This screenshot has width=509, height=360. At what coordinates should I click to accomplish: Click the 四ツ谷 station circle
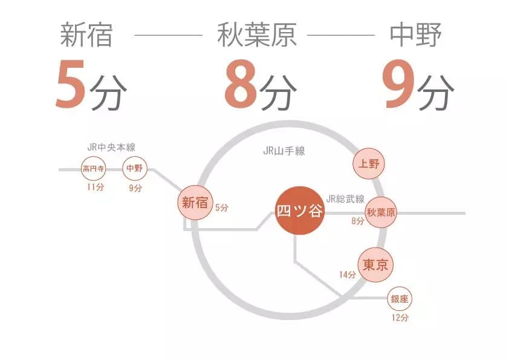[x=300, y=211]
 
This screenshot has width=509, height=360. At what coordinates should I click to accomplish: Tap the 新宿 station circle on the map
[x=195, y=203]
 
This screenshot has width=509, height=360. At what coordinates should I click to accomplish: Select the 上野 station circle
[x=368, y=163]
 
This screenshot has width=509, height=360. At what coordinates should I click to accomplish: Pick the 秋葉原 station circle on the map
[x=381, y=212]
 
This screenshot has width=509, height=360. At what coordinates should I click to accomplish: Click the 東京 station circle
[x=375, y=265]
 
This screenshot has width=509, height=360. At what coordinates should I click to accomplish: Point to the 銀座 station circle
[x=399, y=299]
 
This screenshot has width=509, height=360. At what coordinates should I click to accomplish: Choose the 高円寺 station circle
[x=94, y=169]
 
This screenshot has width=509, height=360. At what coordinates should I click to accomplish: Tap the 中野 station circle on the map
[x=135, y=168]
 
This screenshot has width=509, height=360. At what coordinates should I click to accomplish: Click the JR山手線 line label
[x=284, y=151]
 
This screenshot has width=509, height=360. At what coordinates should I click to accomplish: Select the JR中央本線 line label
[x=111, y=148]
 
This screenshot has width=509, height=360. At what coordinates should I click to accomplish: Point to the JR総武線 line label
[x=345, y=198]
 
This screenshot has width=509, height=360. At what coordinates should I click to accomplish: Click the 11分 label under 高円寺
[x=96, y=187]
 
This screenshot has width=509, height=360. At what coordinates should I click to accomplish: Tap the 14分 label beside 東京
[x=348, y=275]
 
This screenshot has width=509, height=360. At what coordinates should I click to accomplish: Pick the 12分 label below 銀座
[x=400, y=318]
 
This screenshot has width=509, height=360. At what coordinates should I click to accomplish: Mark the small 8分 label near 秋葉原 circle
[x=357, y=221]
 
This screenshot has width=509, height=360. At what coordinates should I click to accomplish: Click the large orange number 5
[x=71, y=84]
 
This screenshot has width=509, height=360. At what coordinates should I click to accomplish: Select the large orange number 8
[x=241, y=84]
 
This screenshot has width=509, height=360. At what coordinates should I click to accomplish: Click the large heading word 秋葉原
[x=257, y=35]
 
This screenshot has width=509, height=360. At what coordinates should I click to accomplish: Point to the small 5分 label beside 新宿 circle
[x=222, y=208]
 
